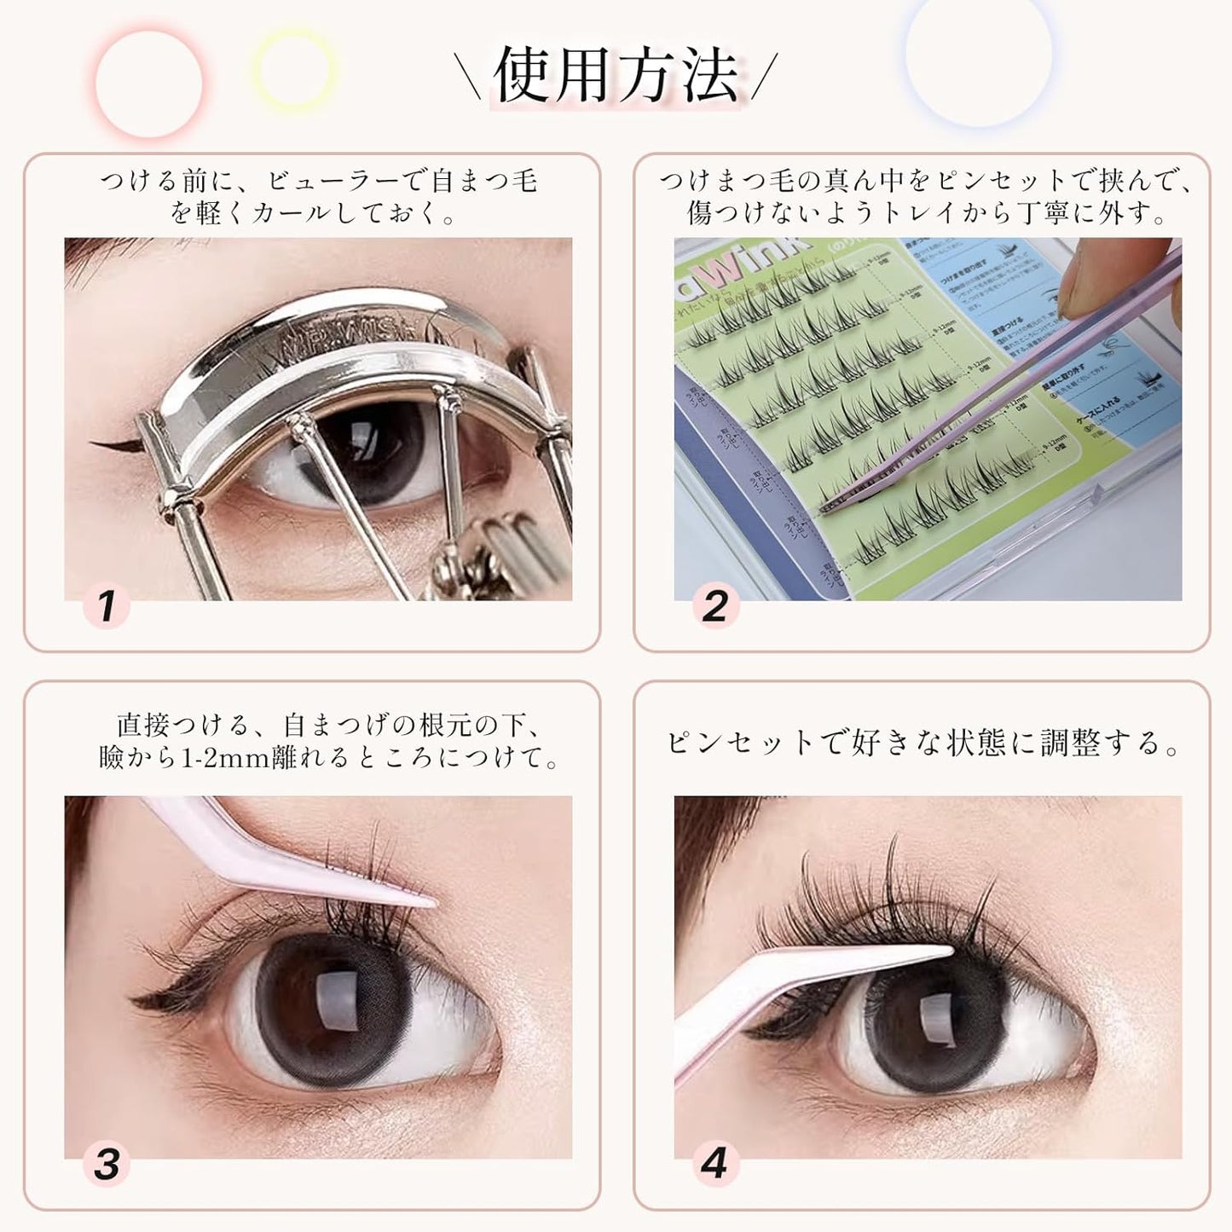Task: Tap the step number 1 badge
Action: (x=107, y=606)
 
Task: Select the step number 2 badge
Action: (x=715, y=606)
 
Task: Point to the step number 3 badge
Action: (x=107, y=1165)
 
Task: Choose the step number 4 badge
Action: (x=714, y=1165)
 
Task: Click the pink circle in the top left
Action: (x=149, y=84)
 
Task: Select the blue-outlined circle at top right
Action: (x=978, y=53)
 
